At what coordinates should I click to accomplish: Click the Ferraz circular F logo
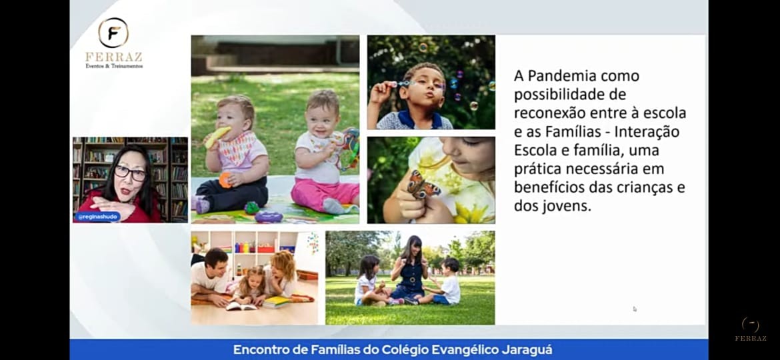[113, 33]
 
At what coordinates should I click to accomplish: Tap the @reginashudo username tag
[98, 217]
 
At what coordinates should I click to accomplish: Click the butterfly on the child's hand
[423, 185]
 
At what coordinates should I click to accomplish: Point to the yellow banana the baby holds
[217, 137]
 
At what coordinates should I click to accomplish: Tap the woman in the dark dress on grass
[409, 269]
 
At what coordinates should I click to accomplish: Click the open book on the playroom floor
[241, 306]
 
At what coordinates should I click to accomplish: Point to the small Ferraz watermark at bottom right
[751, 329]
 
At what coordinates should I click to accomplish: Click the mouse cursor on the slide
[634, 308]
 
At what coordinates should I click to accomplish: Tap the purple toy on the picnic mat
[268, 217]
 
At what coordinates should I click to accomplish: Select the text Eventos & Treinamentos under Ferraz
[114, 65]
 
